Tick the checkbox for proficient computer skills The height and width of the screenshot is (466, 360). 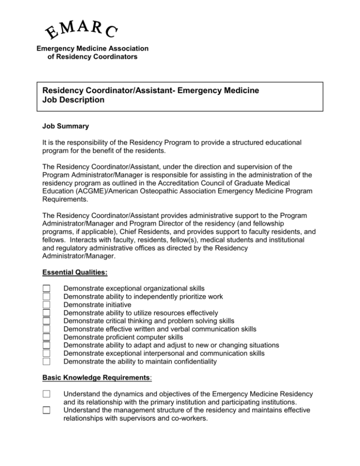tap(46, 337)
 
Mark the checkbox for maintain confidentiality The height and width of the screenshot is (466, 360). tap(46, 361)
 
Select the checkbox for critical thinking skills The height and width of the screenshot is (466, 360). tap(46, 321)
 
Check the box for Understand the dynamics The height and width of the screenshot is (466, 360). tap(46, 393)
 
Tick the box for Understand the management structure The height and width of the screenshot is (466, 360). tap(46, 411)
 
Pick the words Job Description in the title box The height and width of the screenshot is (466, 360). tap(73, 100)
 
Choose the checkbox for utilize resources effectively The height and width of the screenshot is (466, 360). tap(46, 313)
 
